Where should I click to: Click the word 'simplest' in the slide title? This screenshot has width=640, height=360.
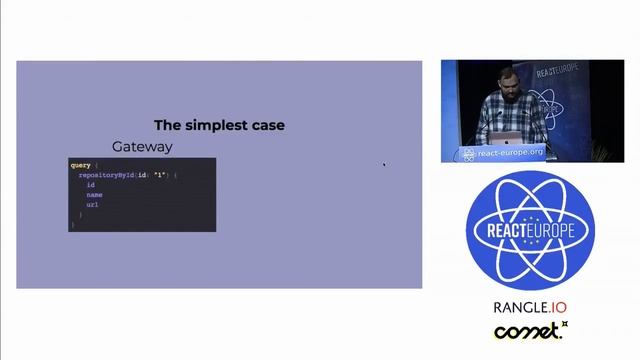pos(219,125)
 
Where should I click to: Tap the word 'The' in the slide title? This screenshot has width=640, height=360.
pos(166,125)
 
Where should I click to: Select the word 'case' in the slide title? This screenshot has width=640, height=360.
pos(268,125)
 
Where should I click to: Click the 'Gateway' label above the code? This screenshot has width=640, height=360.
pos(142,146)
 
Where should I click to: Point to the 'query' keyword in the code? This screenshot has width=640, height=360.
pos(80,164)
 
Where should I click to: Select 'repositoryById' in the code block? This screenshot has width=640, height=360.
pos(110,175)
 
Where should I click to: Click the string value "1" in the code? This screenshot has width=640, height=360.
pos(160,175)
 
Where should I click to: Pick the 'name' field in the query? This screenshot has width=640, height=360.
pos(94,194)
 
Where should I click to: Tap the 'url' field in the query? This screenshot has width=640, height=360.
pos(92,204)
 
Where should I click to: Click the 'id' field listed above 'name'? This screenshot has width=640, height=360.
pos(90,185)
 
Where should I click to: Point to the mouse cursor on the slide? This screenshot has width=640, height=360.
pos(384,165)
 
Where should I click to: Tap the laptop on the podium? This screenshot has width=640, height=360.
pos(513,138)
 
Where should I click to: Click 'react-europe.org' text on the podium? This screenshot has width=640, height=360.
pos(509,152)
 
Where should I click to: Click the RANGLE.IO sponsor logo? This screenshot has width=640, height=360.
pos(530,307)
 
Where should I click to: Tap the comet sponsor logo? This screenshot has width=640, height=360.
pos(530,331)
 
